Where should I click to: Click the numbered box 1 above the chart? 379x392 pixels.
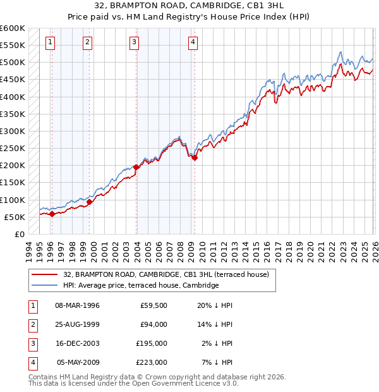pos(50,42)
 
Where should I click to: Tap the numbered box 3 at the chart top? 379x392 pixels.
pos(135,42)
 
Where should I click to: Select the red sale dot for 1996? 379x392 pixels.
pos(52,214)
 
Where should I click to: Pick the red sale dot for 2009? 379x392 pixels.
pos(195,158)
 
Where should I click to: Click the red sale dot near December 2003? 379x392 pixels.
pos(136,168)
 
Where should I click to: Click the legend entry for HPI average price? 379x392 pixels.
pos(140,286)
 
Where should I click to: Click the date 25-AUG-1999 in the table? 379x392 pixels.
pos(77,324)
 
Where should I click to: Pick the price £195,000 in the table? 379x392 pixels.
pos(151,343)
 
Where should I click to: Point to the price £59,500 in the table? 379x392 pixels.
pos(153,305)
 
